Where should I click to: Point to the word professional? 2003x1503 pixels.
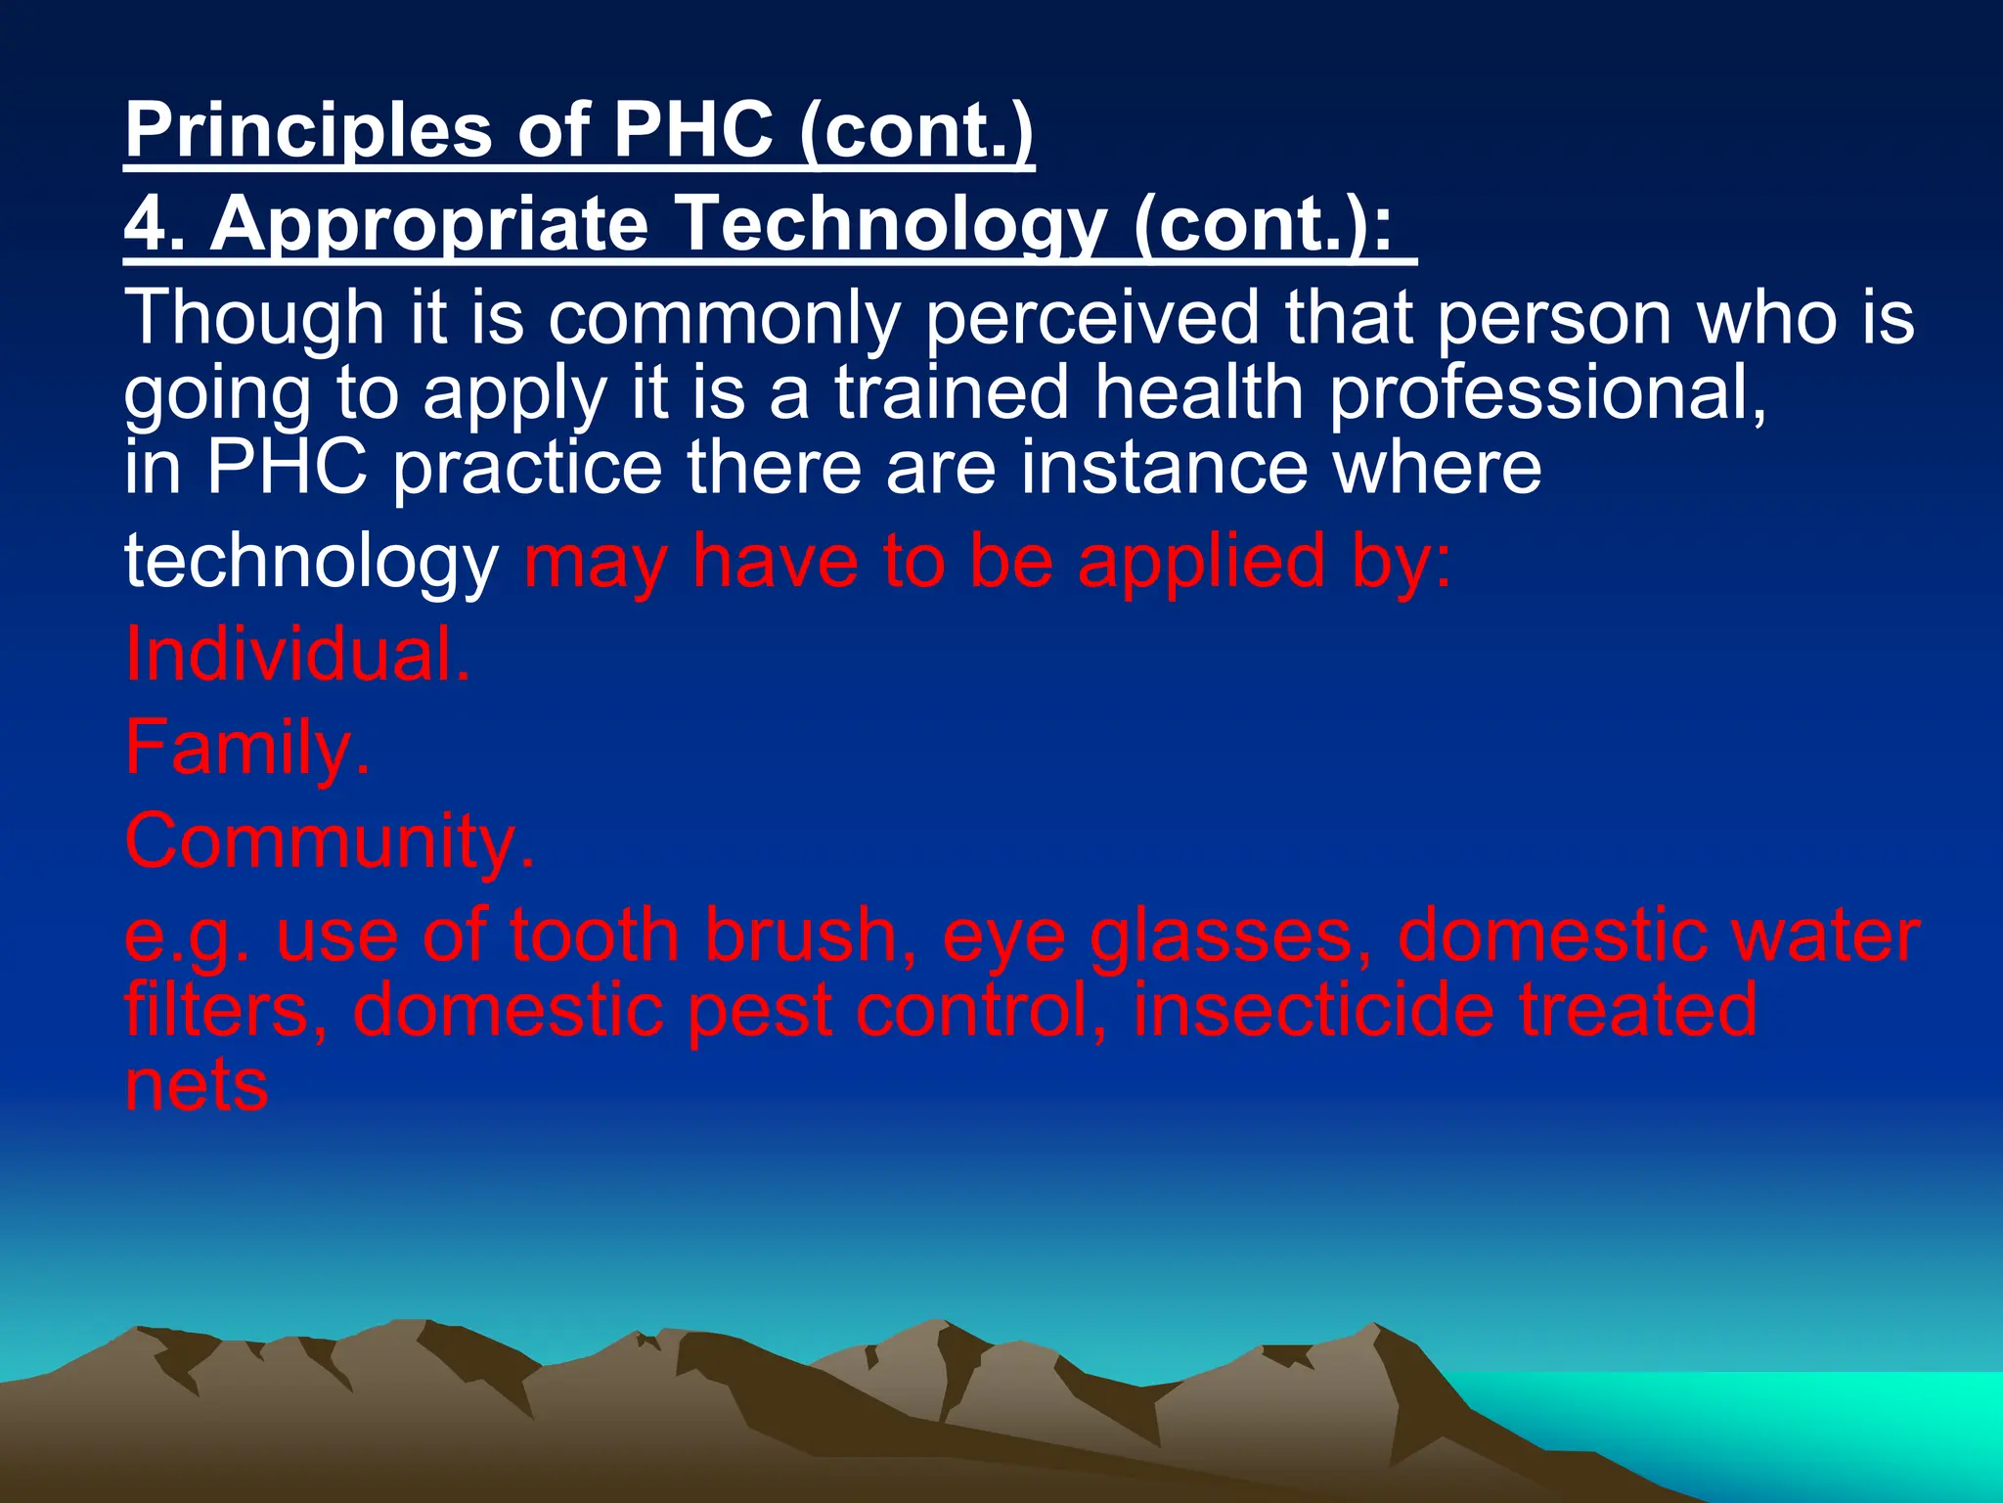coord(1547,393)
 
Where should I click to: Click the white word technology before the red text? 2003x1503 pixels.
coord(311,563)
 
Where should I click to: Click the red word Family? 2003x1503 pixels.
coord(247,749)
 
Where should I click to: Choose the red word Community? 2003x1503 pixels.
coord(330,842)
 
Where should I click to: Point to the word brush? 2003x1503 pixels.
coord(811,935)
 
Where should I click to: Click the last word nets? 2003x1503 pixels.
coord(196,1087)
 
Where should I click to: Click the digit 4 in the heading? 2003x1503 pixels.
coord(147,225)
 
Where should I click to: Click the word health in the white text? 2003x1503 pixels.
coord(1198,393)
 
